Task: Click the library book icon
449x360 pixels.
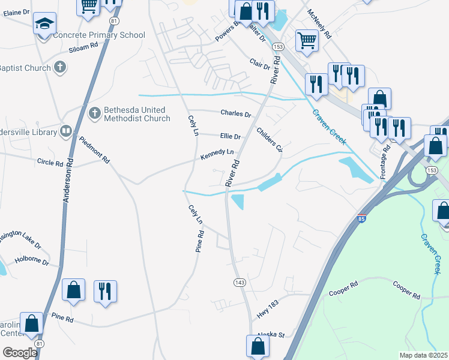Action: coord(66,130)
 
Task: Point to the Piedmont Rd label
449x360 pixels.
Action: coord(95,150)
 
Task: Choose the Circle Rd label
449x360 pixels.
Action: coord(50,163)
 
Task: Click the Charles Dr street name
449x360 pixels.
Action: coord(235,113)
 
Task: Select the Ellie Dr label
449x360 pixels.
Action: coord(230,137)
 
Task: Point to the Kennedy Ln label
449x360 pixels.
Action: coord(217,153)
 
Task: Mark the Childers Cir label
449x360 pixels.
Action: coord(269,140)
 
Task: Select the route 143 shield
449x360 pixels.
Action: coord(240,281)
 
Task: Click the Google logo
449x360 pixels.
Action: coord(20,352)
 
